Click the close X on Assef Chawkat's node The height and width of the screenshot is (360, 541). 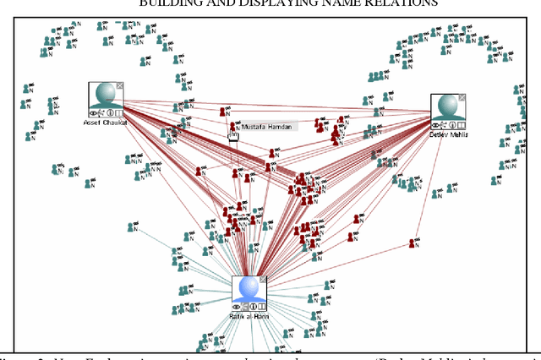[119, 85]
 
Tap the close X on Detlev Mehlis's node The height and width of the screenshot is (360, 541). [462, 97]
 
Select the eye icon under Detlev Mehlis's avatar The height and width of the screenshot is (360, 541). [435, 124]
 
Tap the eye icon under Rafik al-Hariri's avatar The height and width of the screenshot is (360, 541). [237, 307]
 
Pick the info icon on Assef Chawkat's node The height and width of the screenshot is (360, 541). [111, 112]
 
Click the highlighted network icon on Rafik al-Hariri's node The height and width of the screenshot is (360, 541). [245, 307]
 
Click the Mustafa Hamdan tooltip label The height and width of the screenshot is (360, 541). [266, 127]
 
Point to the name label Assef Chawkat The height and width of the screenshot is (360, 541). [105, 122]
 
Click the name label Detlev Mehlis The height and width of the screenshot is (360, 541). [448, 134]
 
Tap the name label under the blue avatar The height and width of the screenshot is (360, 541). [249, 317]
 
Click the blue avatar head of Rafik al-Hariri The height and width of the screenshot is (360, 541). [249, 289]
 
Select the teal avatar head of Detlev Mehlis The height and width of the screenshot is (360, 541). [447, 107]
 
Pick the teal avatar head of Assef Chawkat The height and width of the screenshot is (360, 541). [106, 95]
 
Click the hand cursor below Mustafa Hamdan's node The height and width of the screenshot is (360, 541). [233, 136]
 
